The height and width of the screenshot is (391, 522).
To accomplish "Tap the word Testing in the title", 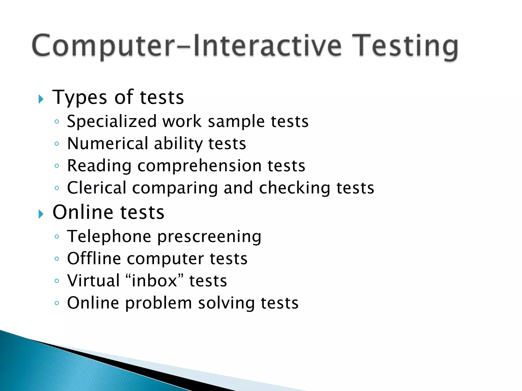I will point(405,47).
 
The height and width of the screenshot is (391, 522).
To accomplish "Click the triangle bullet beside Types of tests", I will point(41,99).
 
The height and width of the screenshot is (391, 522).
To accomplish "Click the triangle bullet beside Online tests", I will point(41,214).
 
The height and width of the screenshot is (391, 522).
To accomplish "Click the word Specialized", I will point(112,122).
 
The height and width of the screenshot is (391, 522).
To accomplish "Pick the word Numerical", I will point(107,144).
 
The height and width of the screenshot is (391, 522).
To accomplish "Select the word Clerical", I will point(97,188).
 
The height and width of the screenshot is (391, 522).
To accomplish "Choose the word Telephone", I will point(109,236).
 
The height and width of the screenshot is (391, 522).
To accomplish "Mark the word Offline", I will point(94,259).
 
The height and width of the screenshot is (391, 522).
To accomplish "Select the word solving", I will point(226,303).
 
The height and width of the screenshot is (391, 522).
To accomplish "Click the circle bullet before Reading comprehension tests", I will point(57,166).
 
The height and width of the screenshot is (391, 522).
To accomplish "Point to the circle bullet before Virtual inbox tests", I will point(57,281).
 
